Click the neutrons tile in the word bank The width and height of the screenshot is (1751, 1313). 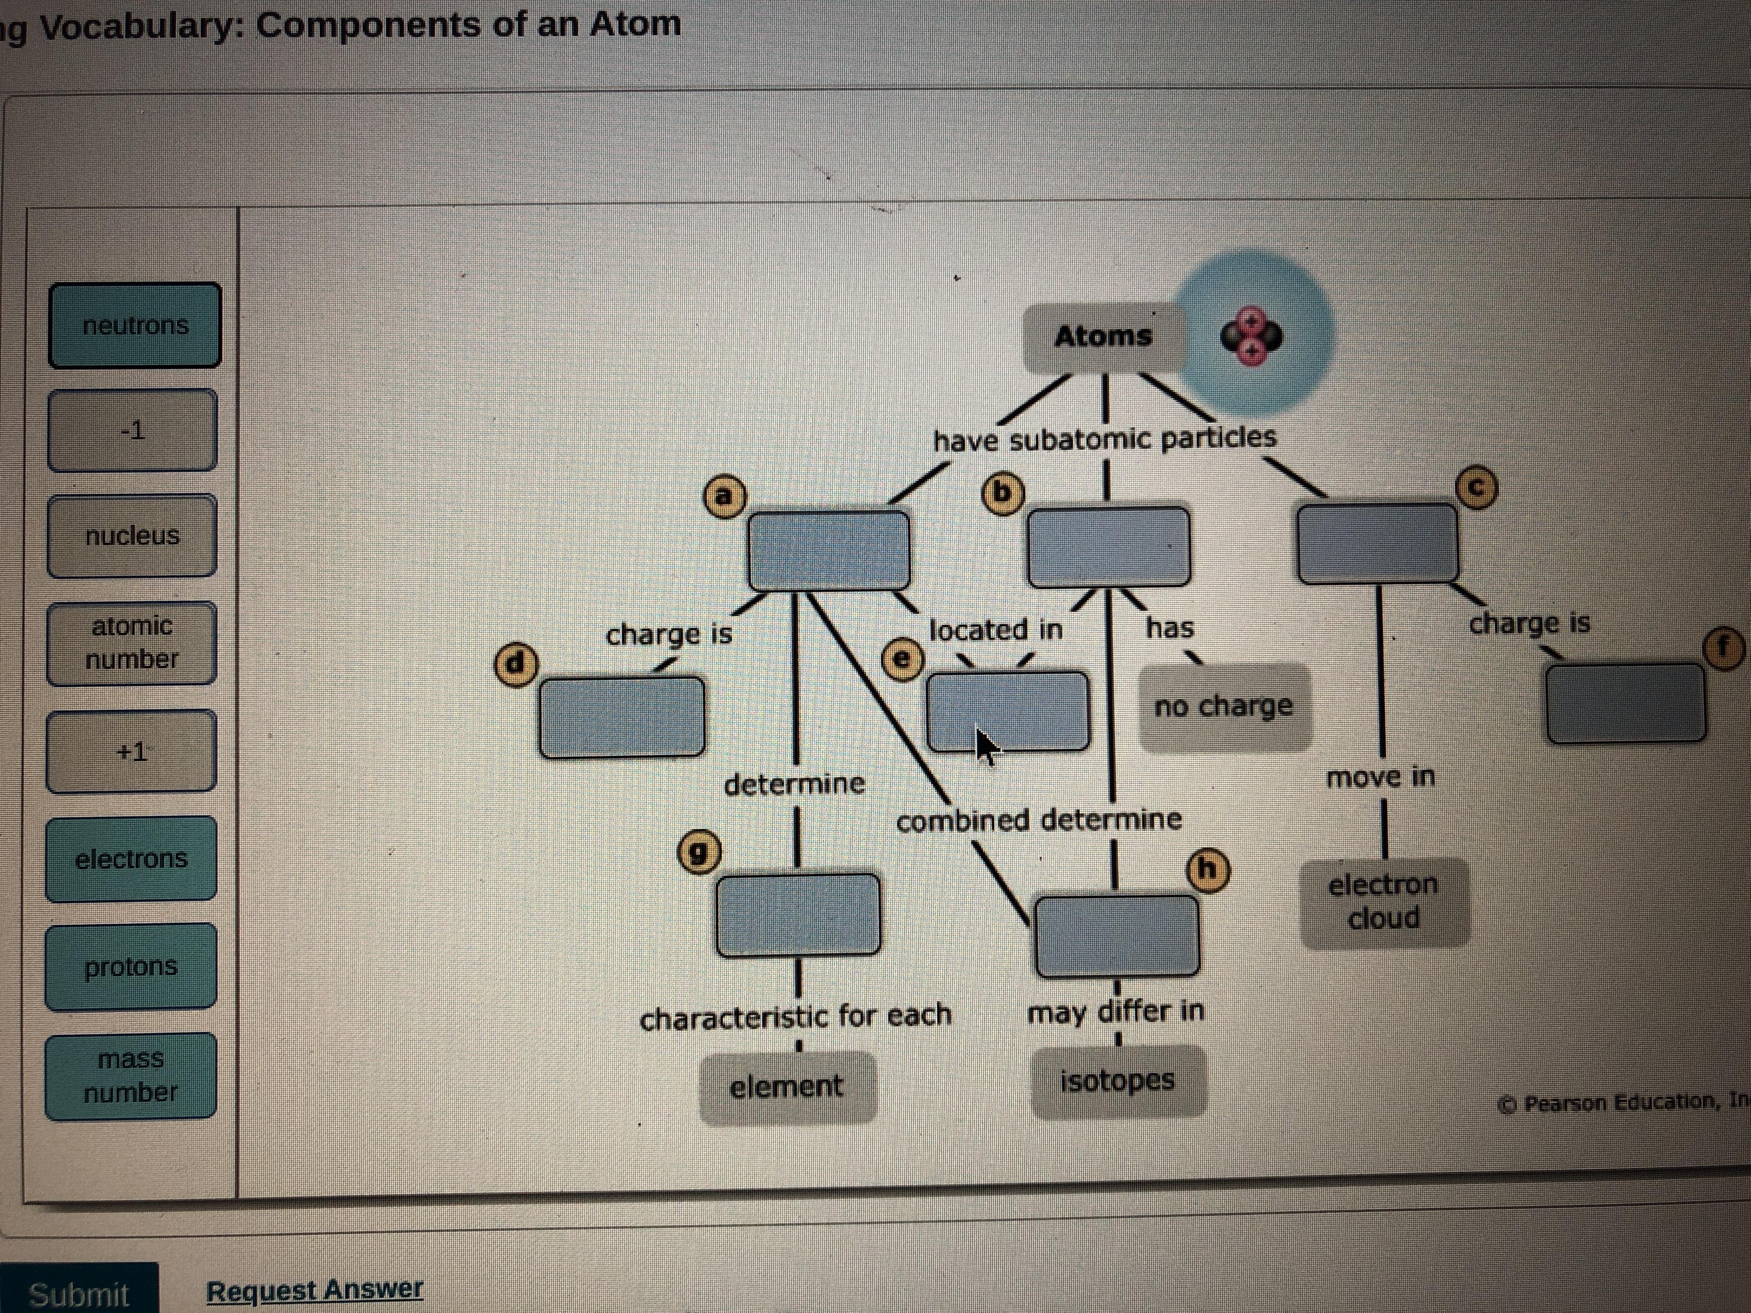click(135, 325)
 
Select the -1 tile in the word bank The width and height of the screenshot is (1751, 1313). click(132, 431)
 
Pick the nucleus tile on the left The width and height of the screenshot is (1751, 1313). click(132, 536)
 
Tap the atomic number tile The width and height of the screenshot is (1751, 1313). click(132, 643)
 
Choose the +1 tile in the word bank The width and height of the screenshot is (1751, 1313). click(132, 751)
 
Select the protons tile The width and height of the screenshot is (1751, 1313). click(131, 967)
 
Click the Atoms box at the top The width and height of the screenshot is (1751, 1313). click(1103, 336)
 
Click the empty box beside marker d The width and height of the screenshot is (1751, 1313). click(622, 717)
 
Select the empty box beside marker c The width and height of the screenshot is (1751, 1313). click(1378, 544)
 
